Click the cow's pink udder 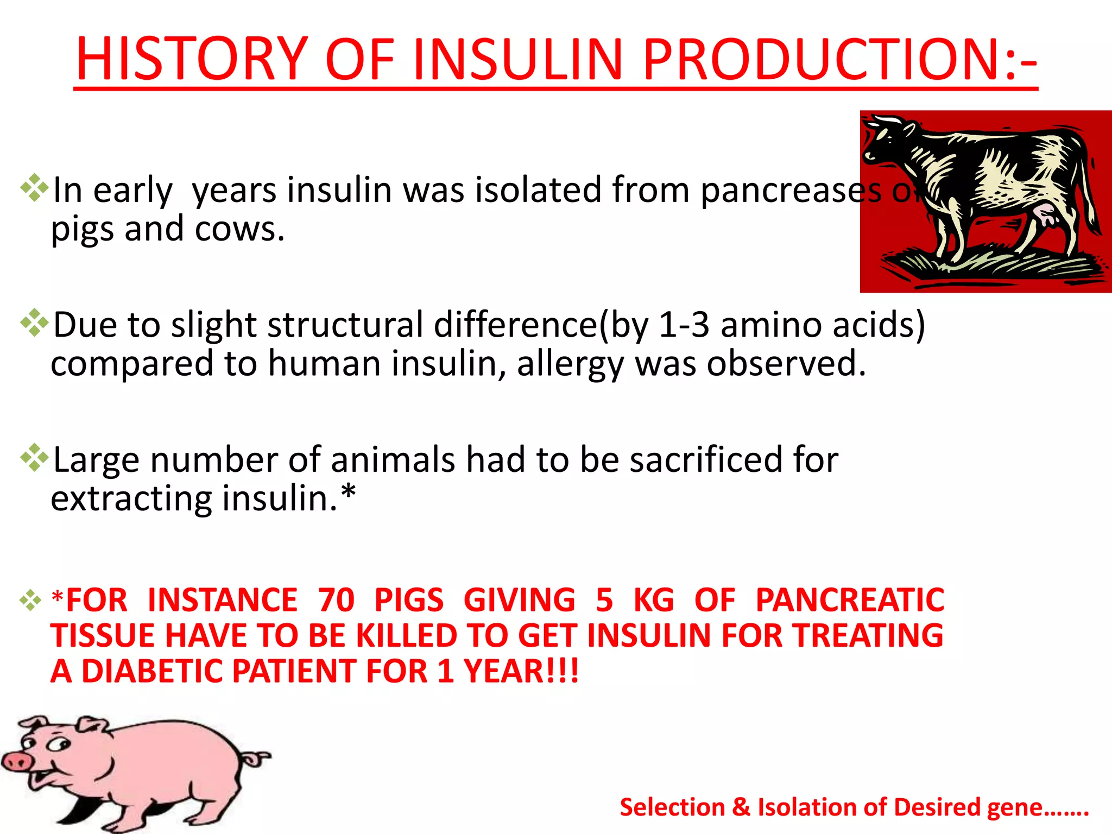pos(1045,214)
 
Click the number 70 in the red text pos(336,600)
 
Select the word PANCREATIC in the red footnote pos(850,600)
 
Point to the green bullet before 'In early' pos(34,188)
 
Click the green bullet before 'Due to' pos(34,323)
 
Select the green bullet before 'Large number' pos(34,458)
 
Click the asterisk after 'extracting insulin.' pos(348,493)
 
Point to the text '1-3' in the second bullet pos(684,325)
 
